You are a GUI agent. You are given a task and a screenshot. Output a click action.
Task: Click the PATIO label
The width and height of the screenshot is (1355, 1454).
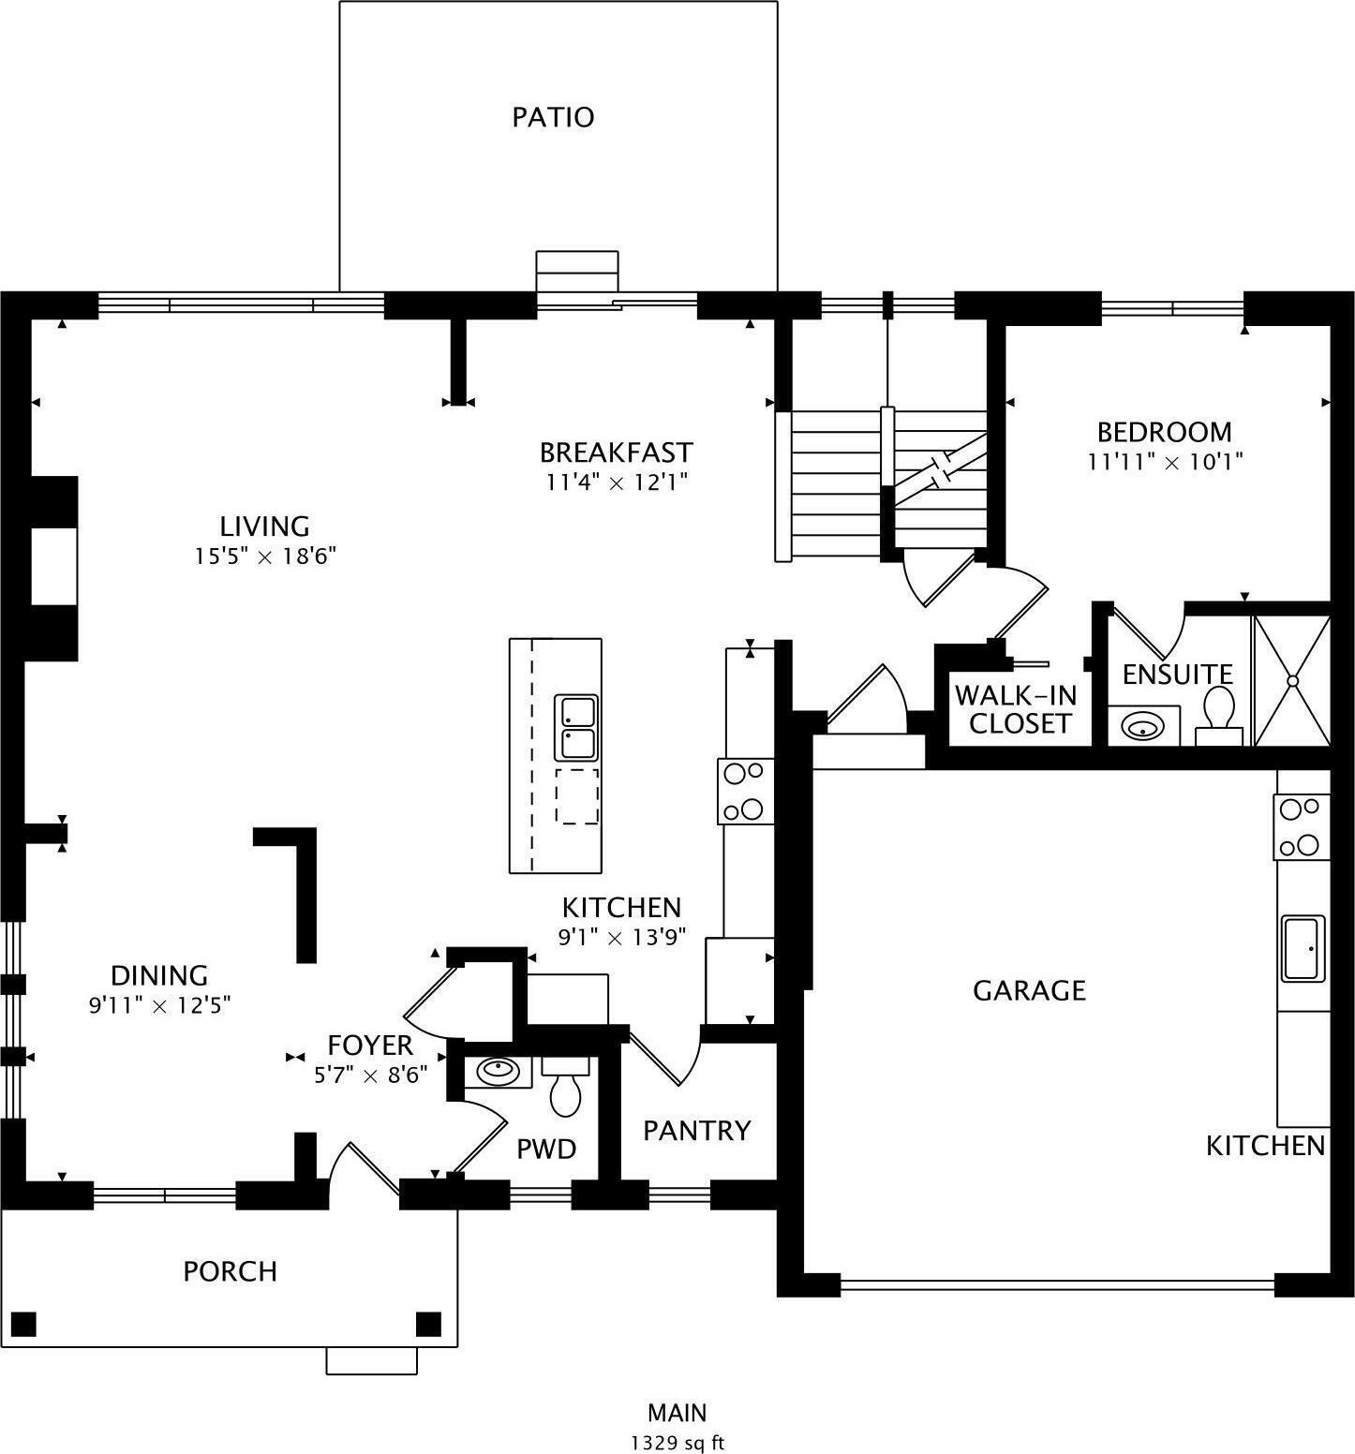click(x=553, y=117)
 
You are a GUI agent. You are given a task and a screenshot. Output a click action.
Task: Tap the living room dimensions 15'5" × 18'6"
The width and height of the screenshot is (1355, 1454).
click(x=265, y=556)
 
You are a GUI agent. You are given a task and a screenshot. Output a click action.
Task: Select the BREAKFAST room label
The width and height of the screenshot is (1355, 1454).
click(x=616, y=453)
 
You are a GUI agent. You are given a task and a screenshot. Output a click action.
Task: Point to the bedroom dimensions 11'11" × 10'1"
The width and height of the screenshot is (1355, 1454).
click(x=1165, y=462)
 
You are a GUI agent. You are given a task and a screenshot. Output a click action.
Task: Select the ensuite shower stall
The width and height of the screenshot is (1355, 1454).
click(x=1292, y=680)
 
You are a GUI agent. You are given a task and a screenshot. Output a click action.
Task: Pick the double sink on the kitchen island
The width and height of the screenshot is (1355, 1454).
click(x=577, y=728)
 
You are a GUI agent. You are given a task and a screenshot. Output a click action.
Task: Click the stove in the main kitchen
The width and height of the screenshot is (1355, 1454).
click(x=745, y=792)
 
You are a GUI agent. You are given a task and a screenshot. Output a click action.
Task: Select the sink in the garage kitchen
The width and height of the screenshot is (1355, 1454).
click(x=1303, y=948)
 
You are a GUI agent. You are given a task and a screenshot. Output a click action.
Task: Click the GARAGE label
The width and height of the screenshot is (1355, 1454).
click(x=1029, y=990)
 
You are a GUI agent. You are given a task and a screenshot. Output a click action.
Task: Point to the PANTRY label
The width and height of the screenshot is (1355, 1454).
click(x=696, y=1131)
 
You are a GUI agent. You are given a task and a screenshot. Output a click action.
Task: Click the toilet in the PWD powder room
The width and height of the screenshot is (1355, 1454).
click(x=565, y=1087)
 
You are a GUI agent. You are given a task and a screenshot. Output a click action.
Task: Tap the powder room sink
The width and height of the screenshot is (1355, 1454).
click(x=499, y=1072)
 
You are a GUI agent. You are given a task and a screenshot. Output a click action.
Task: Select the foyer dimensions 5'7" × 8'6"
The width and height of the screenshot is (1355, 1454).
click(x=371, y=1076)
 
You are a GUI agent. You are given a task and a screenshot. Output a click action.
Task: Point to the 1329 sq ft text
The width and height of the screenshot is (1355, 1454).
click(x=677, y=1443)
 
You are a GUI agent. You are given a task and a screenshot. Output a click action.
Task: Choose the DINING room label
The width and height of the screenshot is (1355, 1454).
click(x=159, y=976)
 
